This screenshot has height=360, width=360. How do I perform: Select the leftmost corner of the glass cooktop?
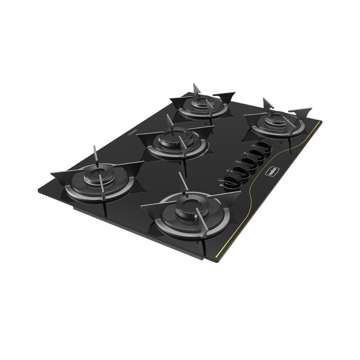(39, 190)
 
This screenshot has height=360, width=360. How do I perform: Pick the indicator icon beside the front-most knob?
(220, 180)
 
